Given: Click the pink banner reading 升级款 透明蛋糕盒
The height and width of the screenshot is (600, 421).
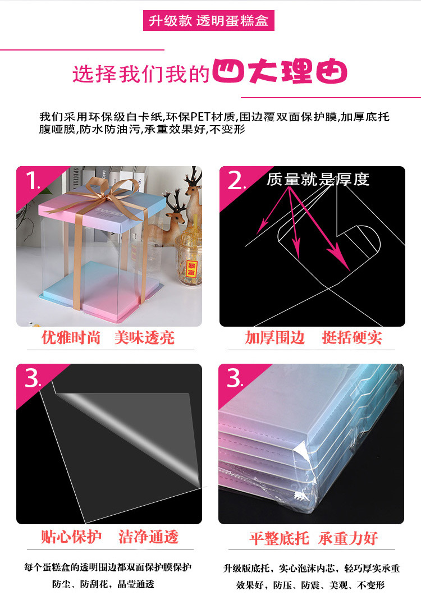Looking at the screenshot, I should tap(210, 21).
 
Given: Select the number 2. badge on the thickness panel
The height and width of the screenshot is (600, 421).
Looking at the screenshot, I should tap(236, 181).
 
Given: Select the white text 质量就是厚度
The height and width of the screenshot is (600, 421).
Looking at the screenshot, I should tap(318, 180).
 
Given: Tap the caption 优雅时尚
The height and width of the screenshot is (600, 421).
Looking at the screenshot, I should tap(71, 337).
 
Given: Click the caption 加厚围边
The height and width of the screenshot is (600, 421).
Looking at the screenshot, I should tap(274, 337).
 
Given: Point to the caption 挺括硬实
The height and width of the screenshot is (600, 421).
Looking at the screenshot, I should tap(351, 337).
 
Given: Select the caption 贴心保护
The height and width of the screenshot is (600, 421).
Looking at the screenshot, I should tap(71, 537).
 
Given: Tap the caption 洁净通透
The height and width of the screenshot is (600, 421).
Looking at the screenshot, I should tap(148, 537).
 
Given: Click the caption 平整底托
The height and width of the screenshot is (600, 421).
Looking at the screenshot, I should tap(279, 539).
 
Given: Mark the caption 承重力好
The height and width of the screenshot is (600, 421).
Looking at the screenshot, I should tap(348, 539).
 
